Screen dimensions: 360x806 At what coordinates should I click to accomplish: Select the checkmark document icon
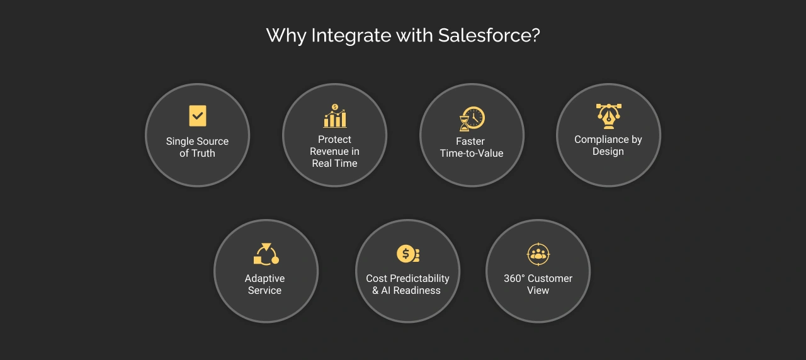click(198, 116)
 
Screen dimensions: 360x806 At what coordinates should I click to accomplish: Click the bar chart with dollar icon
click(334, 116)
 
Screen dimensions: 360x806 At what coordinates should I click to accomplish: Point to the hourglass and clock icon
click(472, 118)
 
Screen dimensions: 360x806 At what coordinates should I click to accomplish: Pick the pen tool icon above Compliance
click(608, 116)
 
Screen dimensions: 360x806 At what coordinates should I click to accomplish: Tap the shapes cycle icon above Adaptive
click(266, 254)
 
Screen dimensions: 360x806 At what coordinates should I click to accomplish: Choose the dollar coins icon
click(407, 254)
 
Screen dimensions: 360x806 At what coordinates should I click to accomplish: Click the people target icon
click(538, 254)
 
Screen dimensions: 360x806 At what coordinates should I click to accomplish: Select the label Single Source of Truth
click(197, 147)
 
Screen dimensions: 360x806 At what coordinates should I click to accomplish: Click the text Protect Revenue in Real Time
click(334, 152)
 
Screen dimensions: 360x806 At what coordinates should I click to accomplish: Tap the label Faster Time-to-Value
click(471, 147)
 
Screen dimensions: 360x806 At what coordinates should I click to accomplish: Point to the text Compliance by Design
click(608, 145)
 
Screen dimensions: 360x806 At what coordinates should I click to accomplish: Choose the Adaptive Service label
click(264, 284)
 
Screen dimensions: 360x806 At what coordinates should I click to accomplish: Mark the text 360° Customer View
click(538, 284)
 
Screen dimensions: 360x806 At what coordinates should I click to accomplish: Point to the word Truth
click(203, 154)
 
